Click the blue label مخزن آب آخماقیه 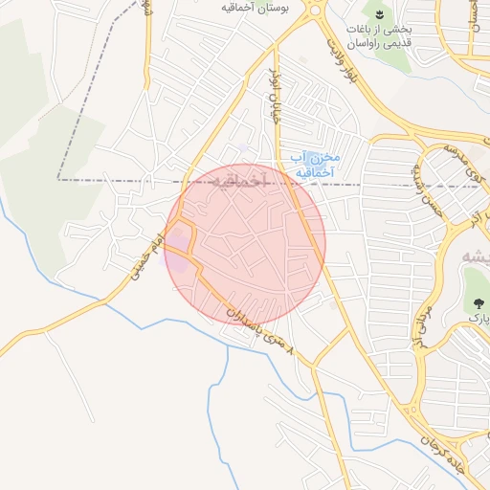[x=314, y=164]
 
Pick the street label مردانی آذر [x=422, y=320]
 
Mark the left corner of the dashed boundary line [x=57, y=179]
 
